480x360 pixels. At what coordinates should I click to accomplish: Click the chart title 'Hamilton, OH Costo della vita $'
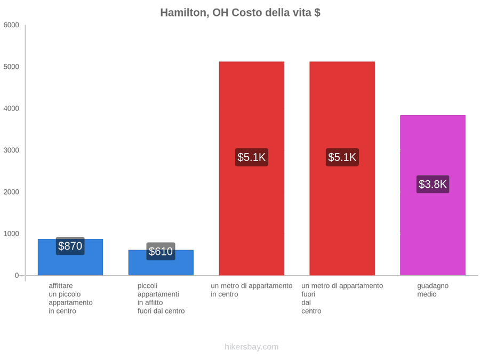click(241, 13)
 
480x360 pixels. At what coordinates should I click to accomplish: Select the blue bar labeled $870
click(70, 257)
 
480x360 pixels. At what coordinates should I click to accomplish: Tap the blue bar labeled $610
click(161, 262)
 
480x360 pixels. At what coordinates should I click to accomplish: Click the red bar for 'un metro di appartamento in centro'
click(252, 169)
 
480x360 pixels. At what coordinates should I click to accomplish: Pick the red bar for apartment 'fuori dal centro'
click(342, 169)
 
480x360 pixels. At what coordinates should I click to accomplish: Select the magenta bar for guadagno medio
click(433, 195)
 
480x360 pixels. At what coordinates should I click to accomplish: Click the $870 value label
click(70, 246)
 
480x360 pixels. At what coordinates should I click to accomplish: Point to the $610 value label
click(161, 251)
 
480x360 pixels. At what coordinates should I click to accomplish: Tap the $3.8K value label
click(433, 185)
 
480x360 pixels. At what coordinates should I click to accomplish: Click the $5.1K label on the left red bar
click(252, 157)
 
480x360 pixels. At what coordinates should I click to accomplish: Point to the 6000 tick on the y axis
click(11, 25)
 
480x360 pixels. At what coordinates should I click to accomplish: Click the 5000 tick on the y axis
click(11, 67)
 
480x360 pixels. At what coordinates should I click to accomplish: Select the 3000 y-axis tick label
click(11, 150)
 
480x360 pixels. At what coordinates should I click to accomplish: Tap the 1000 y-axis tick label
click(11, 234)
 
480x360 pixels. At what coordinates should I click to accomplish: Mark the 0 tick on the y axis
click(17, 276)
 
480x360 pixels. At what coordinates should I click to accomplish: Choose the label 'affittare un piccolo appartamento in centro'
click(70, 299)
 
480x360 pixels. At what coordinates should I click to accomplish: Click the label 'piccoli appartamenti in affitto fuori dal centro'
click(161, 299)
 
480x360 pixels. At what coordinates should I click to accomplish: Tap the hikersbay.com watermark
click(252, 347)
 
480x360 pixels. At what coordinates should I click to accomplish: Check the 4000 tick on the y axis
click(11, 108)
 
